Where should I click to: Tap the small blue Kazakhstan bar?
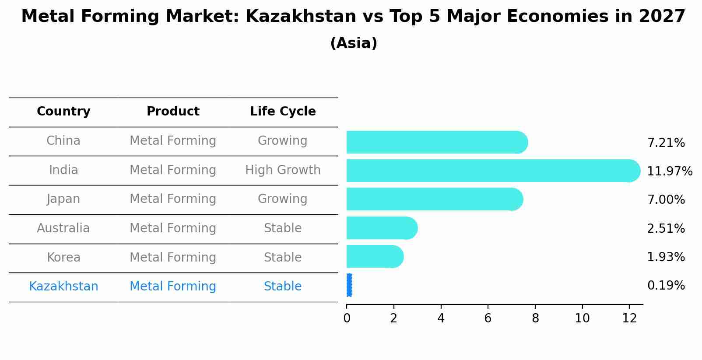[x=349, y=285]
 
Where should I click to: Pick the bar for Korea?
[x=374, y=256]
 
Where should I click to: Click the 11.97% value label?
[x=669, y=171]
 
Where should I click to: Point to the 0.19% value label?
[x=666, y=286]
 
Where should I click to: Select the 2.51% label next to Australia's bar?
[x=666, y=229]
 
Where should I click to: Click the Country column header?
[x=63, y=112]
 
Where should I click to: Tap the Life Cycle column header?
[x=283, y=112]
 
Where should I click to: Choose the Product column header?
[x=173, y=112]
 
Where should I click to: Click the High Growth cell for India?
[x=283, y=170]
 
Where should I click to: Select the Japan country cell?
[x=63, y=199]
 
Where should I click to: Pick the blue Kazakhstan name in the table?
[x=63, y=287]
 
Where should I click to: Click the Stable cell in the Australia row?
[x=283, y=228]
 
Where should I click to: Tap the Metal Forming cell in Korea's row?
[x=173, y=257]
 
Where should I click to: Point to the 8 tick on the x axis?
[x=535, y=318]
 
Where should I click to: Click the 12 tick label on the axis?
[x=629, y=318]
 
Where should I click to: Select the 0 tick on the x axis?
[x=347, y=318]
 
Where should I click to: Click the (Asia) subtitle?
[x=354, y=43]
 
